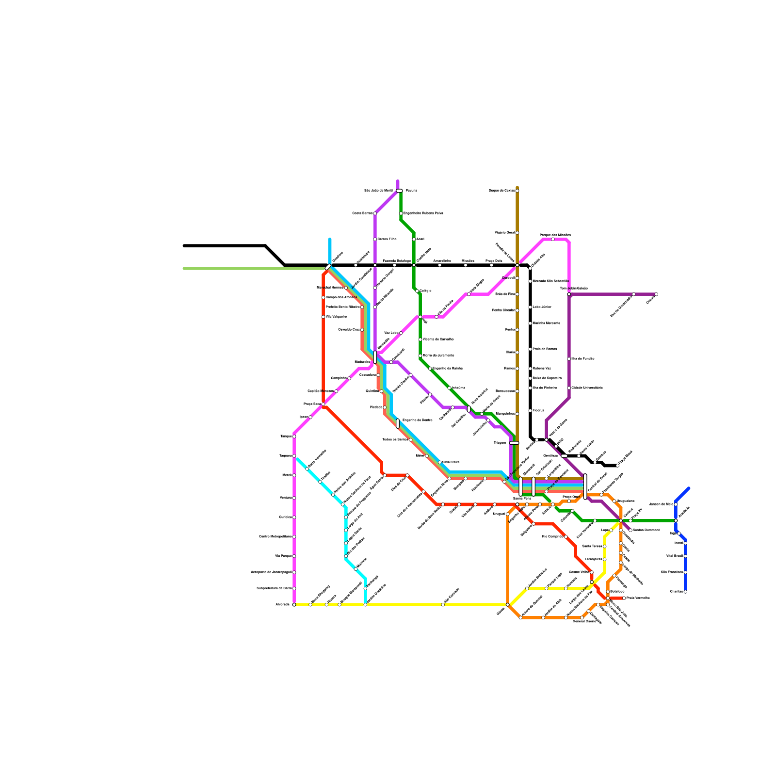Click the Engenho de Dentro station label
coord(417,420)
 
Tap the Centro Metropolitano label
coord(275,536)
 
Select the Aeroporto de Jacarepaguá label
coord(271,572)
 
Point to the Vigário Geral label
coord(504,233)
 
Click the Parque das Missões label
coord(555,235)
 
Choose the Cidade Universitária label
coord(587,388)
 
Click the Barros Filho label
coord(387,239)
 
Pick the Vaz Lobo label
coord(391,333)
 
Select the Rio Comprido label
coord(552,536)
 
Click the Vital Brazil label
coord(675,556)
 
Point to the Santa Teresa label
coord(592,546)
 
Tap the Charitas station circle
coord(685,592)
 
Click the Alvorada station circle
coord(294,604)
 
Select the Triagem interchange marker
coord(514,443)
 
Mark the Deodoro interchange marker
coord(328,267)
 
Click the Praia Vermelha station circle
coord(624,598)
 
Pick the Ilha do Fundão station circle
coord(569,359)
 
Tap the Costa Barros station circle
coord(375,213)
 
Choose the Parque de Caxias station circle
coord(517,191)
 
